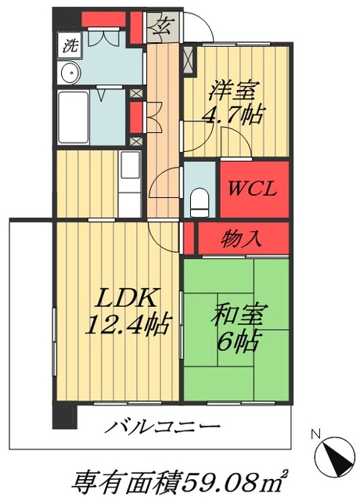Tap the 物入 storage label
pos(242,238)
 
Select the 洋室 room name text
pos(232,91)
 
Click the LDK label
pos(128,297)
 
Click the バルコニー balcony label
pos(162,429)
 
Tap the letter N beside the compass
pos(315,434)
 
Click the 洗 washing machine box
pos(70,45)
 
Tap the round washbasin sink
pos(69,73)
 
